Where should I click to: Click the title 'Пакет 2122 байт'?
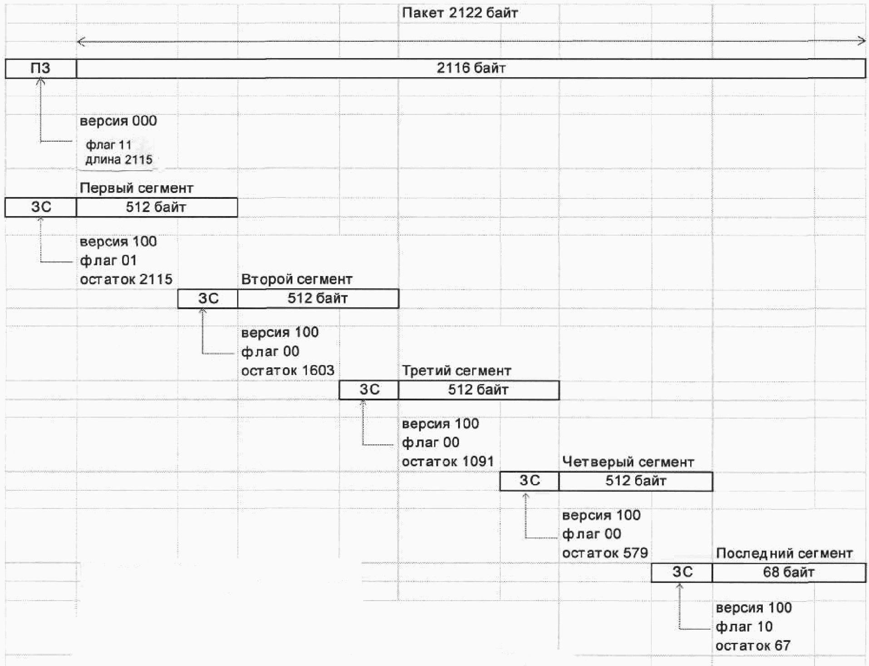pos(459,13)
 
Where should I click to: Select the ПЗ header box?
pos(40,69)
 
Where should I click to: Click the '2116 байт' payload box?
pos(471,69)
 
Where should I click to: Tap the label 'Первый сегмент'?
pos(136,188)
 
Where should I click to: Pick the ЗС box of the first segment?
pos(41,207)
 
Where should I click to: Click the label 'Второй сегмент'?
pos(296,279)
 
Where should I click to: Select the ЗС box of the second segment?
pos(208,299)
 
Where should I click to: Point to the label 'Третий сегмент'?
pos(456,371)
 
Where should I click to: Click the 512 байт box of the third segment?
pos(479,390)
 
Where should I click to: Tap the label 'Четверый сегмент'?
pos(628,462)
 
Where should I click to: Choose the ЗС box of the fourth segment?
pos(529,481)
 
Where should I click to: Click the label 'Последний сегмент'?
pos(784,553)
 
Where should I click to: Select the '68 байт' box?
pos(789,572)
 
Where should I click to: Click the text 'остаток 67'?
pos(753,646)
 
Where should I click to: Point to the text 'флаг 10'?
pos(744,627)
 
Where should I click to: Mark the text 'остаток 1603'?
pos(287,370)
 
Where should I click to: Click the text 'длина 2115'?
pos(119,160)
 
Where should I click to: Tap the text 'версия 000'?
pos(118,121)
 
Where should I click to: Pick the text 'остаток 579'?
pos(605,553)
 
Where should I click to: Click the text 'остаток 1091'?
pos(448,462)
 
